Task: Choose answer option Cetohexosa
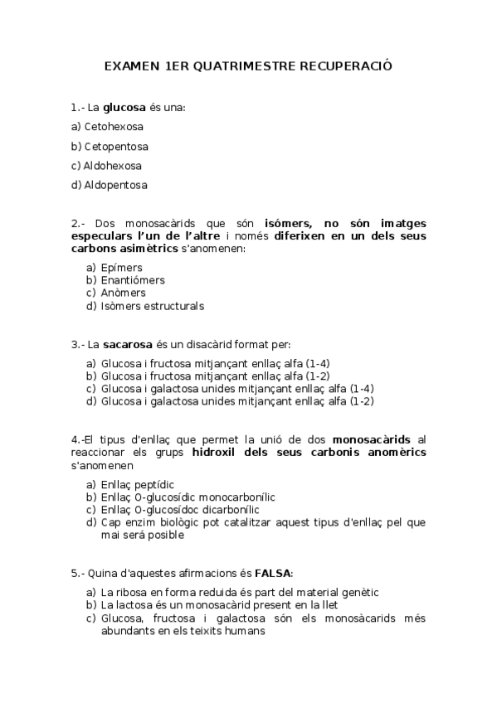pos(114,127)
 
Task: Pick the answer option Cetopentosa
pos(116,147)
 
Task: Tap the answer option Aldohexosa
pos(113,166)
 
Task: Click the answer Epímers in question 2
pos(121,268)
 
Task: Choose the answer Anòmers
pos(123,293)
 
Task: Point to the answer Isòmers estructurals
pos(152,306)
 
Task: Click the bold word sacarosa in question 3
pos(128,344)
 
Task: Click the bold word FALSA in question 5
pos(273,573)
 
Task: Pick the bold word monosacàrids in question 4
pos(371,439)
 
